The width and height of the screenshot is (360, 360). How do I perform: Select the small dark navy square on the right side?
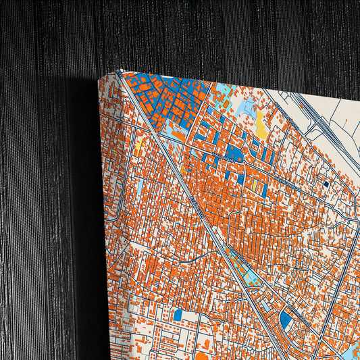(x=326, y=183)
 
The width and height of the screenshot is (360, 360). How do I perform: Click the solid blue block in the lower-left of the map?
(x=178, y=315)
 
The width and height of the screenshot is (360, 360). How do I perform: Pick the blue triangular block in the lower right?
(x=286, y=319)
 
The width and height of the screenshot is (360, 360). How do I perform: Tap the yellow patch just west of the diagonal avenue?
(x=140, y=144)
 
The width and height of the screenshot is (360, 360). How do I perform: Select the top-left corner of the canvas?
(x=101, y=78)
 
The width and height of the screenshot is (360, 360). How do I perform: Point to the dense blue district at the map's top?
(x=162, y=95)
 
